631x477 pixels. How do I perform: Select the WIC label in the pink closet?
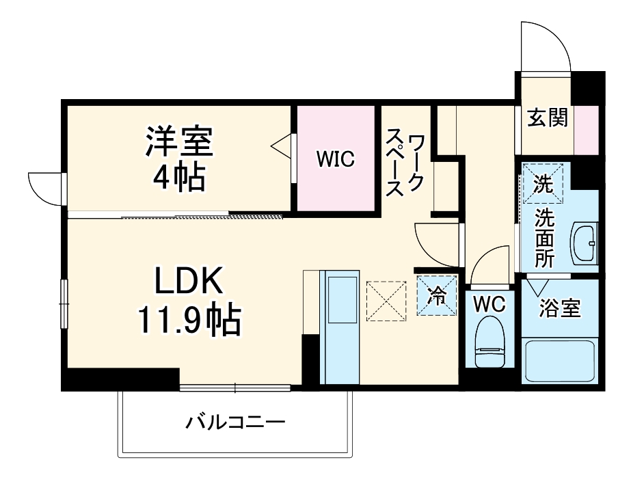pos(335,161)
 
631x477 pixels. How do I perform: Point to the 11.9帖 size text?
pos(189,320)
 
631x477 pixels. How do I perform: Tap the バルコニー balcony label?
pos(235,422)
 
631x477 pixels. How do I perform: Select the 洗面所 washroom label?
pos(545,238)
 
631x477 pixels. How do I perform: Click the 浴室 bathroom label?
pos(559,309)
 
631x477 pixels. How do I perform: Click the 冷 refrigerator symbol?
pos(435,296)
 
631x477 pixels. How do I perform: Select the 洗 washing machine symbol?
pos(543,183)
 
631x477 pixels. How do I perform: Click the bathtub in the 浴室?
pos(559,361)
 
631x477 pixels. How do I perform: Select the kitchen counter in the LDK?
pos(339,327)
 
